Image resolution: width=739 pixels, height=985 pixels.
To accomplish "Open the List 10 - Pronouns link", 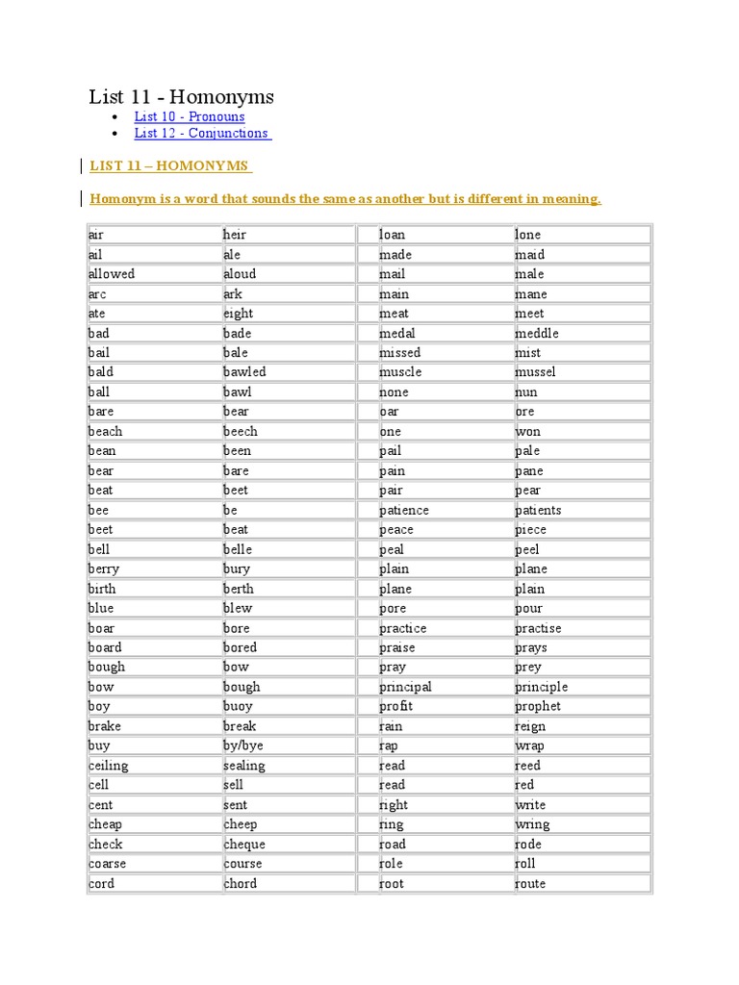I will coord(190,116).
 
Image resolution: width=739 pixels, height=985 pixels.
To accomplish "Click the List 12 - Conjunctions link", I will coord(202,134).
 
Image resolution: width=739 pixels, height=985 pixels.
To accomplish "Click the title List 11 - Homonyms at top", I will coord(181,96).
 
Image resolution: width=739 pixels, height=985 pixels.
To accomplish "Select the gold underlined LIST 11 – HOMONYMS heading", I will coord(169,165).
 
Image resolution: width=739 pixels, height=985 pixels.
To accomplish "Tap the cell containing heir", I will coord(235,235).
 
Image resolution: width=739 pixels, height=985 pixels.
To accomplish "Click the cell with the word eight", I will coord(239,314).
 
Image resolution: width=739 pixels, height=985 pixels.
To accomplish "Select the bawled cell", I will coord(244,372).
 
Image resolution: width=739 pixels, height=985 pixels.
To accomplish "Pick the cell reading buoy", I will coord(239,706).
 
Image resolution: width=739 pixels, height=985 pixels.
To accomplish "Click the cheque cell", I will coord(244,844).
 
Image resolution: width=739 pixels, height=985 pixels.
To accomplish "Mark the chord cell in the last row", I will coord(240,883).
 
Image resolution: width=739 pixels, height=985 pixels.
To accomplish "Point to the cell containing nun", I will coord(526,392).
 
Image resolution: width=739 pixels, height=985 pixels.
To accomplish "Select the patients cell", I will coord(538,510).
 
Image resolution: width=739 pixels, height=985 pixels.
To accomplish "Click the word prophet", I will coord(537,706).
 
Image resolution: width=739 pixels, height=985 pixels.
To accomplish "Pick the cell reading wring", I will coord(532,824).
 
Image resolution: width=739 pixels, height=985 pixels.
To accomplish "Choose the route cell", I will coord(530,883).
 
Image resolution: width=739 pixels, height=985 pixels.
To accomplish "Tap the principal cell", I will coord(405,687).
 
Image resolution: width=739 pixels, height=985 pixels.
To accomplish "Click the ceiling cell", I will coord(108,766).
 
